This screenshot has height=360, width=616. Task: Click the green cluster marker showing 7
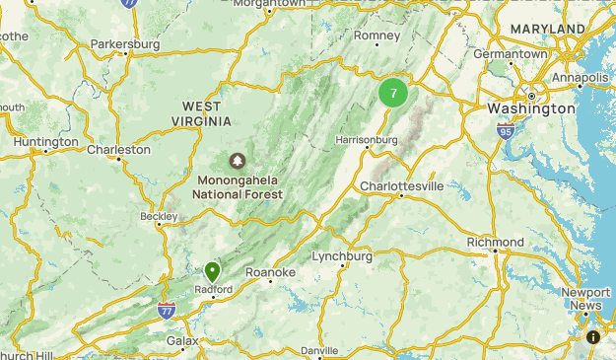tap(393, 94)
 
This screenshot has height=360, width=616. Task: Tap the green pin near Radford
tap(212, 271)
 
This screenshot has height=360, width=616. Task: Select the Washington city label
tap(531, 108)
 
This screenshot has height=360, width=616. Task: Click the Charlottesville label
tap(401, 185)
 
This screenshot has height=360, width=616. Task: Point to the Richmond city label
tap(495, 242)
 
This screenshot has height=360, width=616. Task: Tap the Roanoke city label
tap(270, 272)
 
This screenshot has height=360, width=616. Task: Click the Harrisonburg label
tap(367, 140)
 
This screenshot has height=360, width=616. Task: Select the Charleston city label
tap(118, 150)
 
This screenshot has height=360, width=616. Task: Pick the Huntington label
tap(45, 142)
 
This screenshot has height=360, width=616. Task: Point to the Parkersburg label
tap(124, 44)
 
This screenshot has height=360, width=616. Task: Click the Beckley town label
tap(158, 216)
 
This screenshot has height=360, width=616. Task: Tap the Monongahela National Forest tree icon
tap(238, 160)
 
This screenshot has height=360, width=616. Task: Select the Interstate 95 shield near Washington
tap(506, 129)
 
